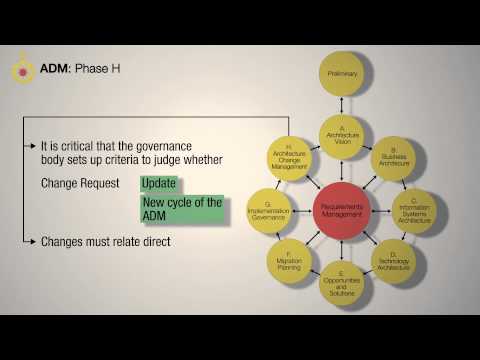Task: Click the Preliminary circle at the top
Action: click(345, 72)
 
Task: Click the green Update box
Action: click(159, 184)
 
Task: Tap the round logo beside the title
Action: click(21, 70)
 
